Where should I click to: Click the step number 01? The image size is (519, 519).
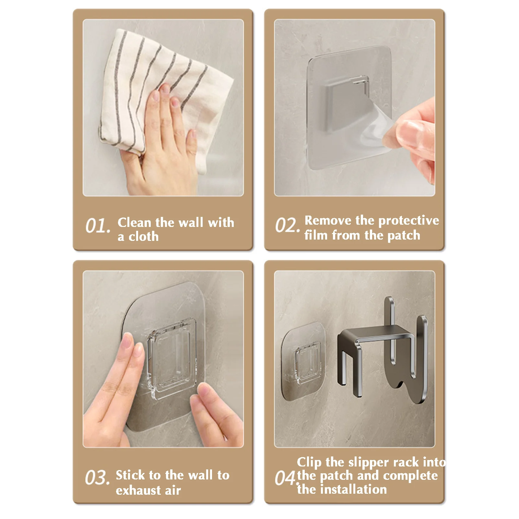click(x=98, y=226)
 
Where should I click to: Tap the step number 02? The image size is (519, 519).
click(x=288, y=225)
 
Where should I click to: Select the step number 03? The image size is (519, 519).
click(x=97, y=478)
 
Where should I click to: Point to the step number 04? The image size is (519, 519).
click(x=286, y=478)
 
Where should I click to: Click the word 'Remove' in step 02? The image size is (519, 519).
click(x=328, y=220)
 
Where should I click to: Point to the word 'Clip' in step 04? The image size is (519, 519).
click(x=309, y=462)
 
